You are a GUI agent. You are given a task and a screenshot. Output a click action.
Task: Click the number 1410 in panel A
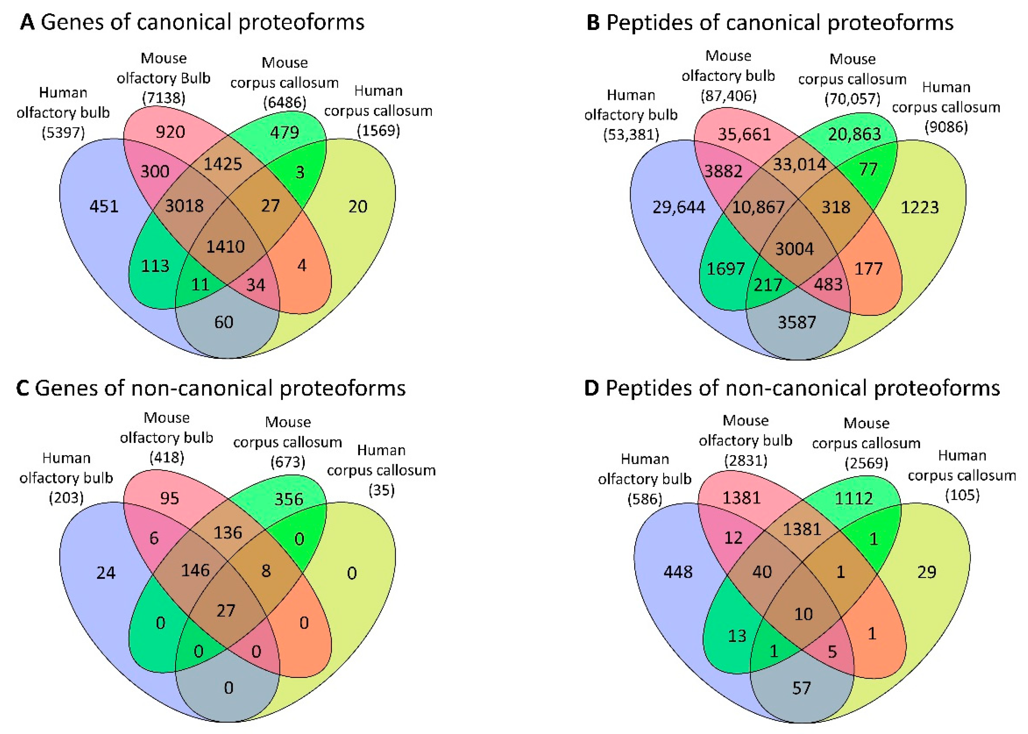[x=226, y=246]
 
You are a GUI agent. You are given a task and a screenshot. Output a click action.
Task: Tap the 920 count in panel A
[x=170, y=132]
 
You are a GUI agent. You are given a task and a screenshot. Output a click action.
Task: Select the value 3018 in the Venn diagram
[x=184, y=206]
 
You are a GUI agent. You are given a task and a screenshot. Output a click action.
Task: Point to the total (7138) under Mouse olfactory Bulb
[x=164, y=98]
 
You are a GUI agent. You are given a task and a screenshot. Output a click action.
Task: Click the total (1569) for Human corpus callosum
[x=378, y=131]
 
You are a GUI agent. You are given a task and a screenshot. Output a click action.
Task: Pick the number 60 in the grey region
[x=224, y=322]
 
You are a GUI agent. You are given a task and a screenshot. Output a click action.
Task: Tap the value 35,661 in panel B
[x=744, y=134]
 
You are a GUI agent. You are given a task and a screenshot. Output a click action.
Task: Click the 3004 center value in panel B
[x=794, y=249]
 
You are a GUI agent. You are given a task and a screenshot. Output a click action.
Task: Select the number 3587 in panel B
[x=797, y=322]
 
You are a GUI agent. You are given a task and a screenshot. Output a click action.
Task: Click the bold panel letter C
[x=23, y=389]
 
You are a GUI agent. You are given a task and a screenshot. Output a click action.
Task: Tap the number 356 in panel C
[x=289, y=499]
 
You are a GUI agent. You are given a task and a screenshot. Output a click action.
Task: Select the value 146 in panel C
[x=195, y=570]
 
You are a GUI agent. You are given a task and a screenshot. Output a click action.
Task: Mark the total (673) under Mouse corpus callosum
[x=288, y=462]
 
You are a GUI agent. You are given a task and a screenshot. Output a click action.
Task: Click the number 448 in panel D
[x=678, y=572]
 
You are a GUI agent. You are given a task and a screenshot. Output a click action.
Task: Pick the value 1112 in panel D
[x=854, y=498]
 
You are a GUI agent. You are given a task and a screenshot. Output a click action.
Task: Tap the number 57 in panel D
[x=801, y=688]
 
